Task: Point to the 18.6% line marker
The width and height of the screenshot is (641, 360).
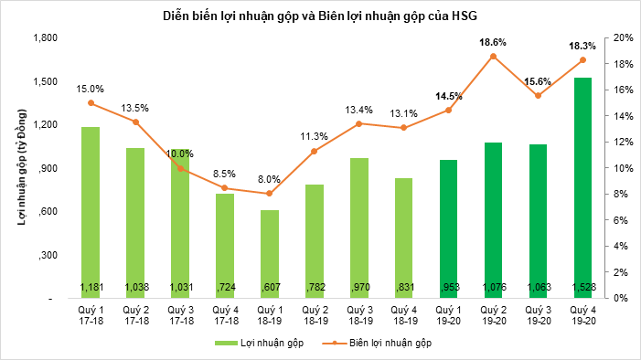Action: (493, 57)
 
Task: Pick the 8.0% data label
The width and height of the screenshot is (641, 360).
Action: (269, 180)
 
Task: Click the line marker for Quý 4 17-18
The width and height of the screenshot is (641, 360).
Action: (225, 188)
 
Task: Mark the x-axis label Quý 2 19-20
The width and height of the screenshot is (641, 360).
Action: (493, 315)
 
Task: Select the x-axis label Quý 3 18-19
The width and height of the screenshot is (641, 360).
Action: (358, 315)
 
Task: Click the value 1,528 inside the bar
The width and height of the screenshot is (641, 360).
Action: (582, 288)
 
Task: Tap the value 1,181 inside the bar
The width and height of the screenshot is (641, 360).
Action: (91, 288)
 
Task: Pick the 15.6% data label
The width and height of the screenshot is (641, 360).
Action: (538, 81)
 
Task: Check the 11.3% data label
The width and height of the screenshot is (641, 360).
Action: (314, 137)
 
